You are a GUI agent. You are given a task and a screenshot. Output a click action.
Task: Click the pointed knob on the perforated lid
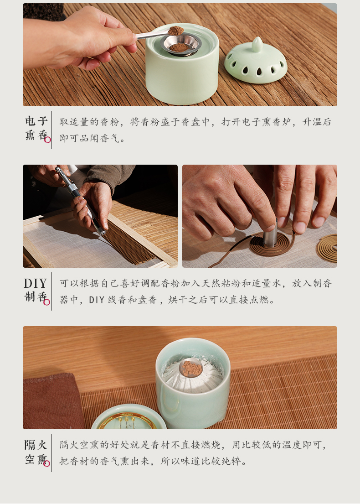[257, 44]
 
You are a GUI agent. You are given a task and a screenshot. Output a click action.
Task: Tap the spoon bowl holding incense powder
[176, 31]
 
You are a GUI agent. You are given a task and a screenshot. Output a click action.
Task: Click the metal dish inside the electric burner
[182, 46]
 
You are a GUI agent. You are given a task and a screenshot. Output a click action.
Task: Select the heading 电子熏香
[36, 128]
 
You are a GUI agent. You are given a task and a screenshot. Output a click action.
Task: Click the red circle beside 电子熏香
[47, 140]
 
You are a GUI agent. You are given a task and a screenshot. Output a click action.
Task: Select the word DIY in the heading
[36, 284]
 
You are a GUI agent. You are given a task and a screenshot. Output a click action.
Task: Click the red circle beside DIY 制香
[47, 302]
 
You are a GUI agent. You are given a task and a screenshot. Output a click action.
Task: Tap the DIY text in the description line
[97, 300]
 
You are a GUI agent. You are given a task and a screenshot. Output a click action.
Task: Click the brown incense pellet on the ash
[191, 367]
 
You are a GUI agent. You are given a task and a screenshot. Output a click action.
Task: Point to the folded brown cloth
[52, 401]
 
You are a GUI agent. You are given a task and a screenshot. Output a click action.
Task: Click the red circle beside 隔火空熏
[47, 463]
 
